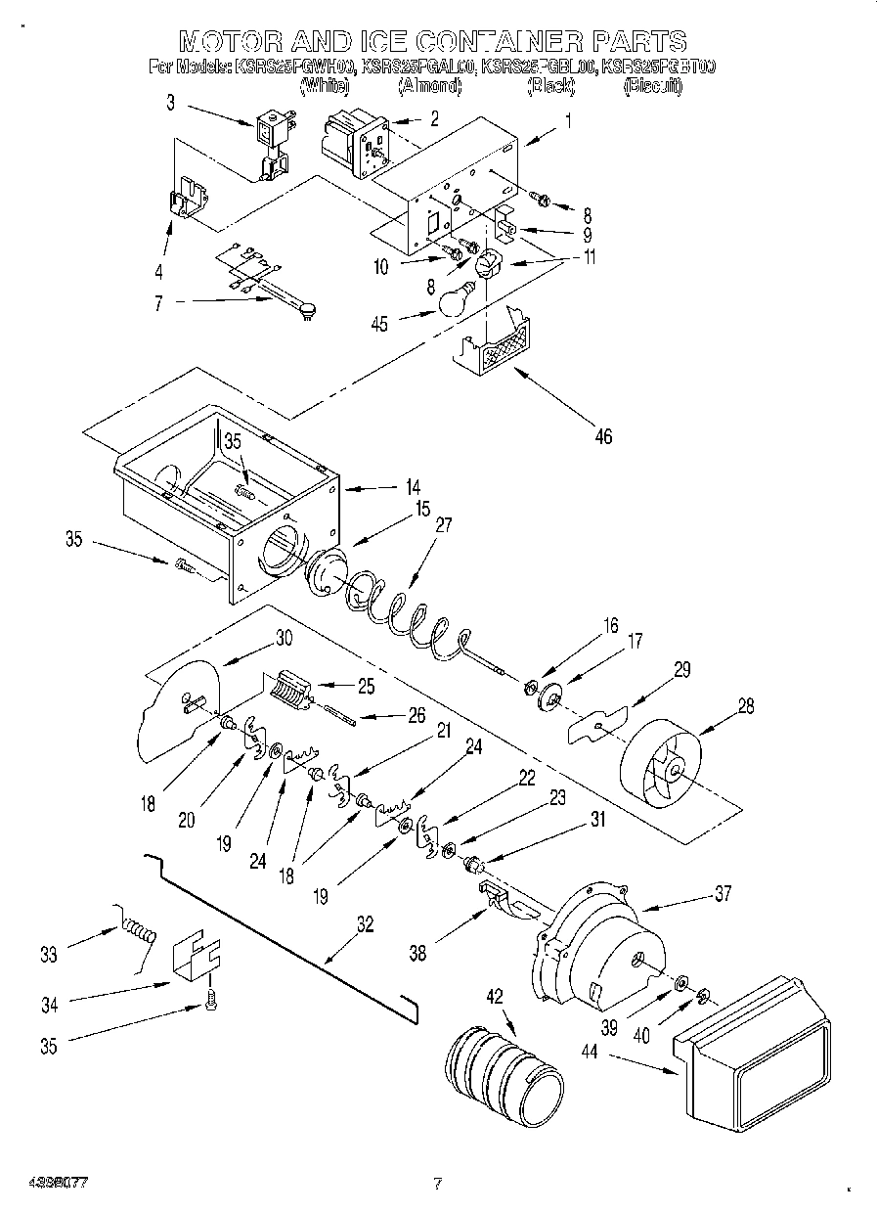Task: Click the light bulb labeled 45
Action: pyautogui.click(x=455, y=299)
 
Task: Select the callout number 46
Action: pyautogui.click(x=603, y=436)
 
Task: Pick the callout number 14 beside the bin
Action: pyautogui.click(x=386, y=486)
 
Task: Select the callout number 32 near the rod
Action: pyautogui.click(x=365, y=923)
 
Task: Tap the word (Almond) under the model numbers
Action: pyautogui.click(x=429, y=86)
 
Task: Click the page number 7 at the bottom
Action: pyautogui.click(x=437, y=1184)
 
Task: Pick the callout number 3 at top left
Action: pyautogui.click(x=171, y=103)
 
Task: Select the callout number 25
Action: pyautogui.click(x=366, y=687)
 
